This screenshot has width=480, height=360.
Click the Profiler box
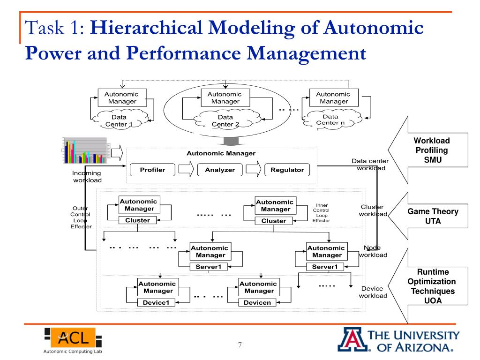tap(153, 170)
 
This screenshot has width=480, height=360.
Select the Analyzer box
tap(220, 170)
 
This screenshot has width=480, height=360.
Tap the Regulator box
tap(287, 170)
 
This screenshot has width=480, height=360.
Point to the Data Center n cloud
tap(330, 120)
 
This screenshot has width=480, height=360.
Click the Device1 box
tap(156, 302)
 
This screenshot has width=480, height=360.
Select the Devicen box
tap(257, 302)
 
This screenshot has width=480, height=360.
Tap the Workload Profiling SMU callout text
tap(431, 150)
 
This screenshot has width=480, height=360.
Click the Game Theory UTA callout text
tap(432, 217)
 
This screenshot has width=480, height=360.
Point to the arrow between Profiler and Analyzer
tap(186, 169)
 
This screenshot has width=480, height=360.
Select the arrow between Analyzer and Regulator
tap(253, 169)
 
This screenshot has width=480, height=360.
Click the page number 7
tap(240, 345)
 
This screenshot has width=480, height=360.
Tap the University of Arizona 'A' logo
tap(350, 340)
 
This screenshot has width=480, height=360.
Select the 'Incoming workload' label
tap(87, 176)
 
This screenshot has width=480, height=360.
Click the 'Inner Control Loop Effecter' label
tap(322, 212)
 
